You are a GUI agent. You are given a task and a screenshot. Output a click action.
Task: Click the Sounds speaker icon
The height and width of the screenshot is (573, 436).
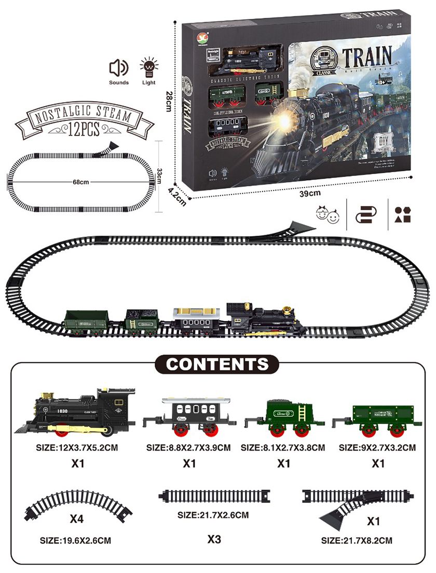[118, 68]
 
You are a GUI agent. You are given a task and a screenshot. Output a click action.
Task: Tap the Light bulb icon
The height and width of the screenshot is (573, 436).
[148, 67]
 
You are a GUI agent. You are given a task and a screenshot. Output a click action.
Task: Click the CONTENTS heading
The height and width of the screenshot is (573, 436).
[217, 363]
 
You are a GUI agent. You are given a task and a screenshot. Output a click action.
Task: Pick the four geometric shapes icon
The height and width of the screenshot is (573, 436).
[402, 215]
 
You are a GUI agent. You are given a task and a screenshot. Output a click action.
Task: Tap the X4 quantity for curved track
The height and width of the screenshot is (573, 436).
[77, 518]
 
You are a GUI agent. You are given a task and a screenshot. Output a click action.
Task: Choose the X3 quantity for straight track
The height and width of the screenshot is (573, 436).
[214, 539]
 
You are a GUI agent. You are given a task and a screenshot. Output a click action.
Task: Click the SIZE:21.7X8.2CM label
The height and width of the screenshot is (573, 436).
[357, 540]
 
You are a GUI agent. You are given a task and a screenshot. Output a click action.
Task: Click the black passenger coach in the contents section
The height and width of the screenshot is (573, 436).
[189, 416]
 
